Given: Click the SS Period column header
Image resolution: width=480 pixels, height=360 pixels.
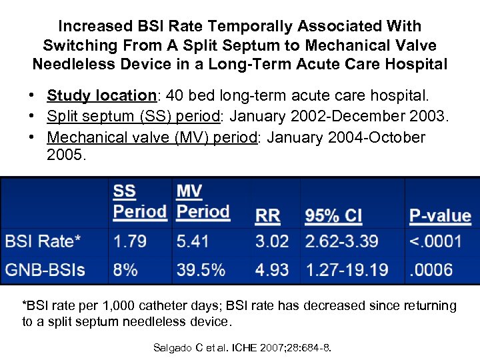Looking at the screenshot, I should pos(139,201).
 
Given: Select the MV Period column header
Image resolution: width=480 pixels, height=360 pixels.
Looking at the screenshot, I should pos(203,201).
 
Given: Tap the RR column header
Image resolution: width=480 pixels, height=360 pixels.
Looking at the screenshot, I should pos(267,215).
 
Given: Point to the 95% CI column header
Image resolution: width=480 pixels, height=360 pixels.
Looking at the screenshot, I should pos(333,215).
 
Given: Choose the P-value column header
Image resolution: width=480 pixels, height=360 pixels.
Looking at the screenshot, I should pos(439,215).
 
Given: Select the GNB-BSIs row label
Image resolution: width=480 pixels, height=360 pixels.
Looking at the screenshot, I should pos(45,270).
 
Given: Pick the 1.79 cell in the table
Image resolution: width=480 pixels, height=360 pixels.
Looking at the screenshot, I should pos(130,241).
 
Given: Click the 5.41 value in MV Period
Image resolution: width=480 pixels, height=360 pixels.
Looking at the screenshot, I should pos(193,241).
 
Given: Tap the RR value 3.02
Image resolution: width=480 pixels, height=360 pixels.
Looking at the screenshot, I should pos(271,241).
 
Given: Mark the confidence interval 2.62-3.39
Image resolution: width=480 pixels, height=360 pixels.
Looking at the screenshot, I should pos(341,241).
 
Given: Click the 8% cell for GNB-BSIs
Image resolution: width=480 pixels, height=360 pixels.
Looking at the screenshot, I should pos(125,270).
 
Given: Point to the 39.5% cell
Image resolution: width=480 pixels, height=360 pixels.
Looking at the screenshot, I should pos(201,270).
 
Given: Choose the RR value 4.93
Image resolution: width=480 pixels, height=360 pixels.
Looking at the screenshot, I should pos(271,270).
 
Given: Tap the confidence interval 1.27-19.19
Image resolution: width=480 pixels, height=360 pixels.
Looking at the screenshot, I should pos(347,270).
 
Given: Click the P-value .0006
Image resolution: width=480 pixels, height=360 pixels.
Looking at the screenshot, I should pos(431,270).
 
